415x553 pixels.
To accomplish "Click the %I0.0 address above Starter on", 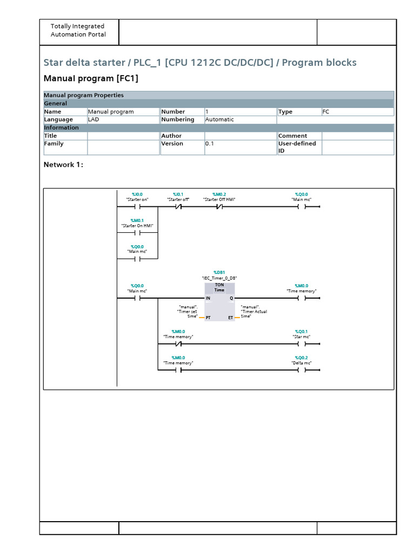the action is (137, 194).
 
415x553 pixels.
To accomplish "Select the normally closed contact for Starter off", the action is (178, 207).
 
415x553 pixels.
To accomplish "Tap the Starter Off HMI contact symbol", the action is (219, 207).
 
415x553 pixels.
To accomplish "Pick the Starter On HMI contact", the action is (137, 233).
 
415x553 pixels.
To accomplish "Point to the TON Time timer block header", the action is (219, 287).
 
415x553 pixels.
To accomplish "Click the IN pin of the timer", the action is (208, 298).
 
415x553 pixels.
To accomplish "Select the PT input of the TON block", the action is (208, 318).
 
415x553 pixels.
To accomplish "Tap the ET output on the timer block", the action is (231, 318).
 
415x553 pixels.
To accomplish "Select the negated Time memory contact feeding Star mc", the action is (178, 344).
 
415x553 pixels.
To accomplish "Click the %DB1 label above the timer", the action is (219, 273).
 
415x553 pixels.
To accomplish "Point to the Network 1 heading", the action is (63, 165).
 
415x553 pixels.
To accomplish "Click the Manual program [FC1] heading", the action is (91, 79).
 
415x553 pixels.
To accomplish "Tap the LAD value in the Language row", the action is (93, 119).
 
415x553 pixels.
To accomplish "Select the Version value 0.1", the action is (210, 144).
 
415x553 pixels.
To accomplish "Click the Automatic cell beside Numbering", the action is (219, 119).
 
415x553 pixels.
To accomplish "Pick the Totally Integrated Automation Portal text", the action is (78, 30).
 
